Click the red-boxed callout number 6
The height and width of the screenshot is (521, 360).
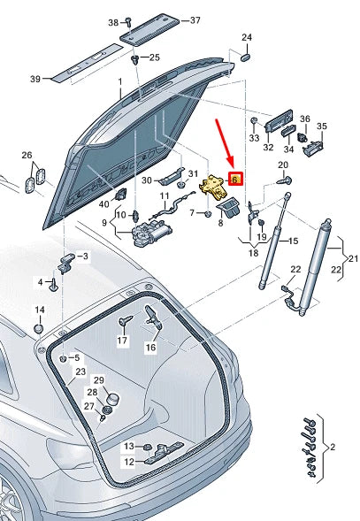[235, 179]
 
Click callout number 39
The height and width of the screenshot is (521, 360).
[35, 80]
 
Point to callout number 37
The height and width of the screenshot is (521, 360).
[195, 19]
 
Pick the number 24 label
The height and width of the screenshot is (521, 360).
[247, 37]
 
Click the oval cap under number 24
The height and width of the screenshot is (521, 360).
[247, 55]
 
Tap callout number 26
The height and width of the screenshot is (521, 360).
[26, 155]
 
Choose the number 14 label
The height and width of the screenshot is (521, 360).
[39, 310]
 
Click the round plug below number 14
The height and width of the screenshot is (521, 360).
[39, 328]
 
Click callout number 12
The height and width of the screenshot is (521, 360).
[128, 462]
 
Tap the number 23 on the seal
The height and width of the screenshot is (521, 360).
[80, 372]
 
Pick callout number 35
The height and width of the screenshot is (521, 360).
[322, 126]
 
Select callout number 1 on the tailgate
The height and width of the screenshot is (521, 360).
[120, 81]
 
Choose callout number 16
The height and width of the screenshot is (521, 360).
[150, 348]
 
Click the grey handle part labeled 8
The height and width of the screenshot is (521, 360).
[229, 208]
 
